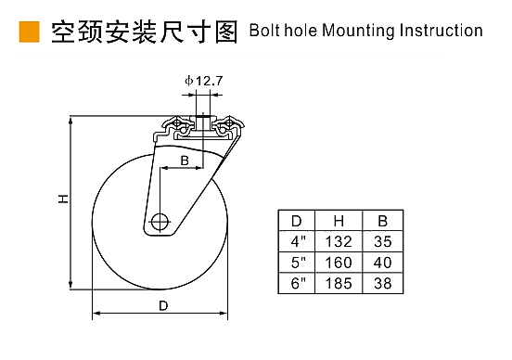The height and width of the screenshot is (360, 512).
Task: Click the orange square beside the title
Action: (x=29, y=32)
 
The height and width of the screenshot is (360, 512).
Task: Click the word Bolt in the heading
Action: (x=265, y=31)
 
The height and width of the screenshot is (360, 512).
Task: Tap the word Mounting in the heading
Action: (x=358, y=32)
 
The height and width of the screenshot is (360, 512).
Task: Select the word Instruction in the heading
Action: (x=441, y=31)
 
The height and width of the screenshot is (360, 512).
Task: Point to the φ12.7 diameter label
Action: (x=203, y=81)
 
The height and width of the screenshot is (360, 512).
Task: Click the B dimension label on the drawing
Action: (x=185, y=161)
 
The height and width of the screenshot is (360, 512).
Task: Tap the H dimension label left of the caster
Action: (x=63, y=199)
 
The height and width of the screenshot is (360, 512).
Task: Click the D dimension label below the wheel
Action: (x=163, y=305)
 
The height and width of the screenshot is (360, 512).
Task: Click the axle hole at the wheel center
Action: (x=160, y=222)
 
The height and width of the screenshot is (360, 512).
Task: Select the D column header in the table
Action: (x=297, y=221)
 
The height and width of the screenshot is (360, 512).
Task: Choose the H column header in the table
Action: (x=339, y=221)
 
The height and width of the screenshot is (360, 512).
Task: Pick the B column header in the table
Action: (x=383, y=221)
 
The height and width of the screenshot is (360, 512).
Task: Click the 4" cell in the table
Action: (x=297, y=241)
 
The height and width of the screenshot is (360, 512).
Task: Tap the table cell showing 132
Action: (x=339, y=242)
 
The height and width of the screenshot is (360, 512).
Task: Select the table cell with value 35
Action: (x=383, y=242)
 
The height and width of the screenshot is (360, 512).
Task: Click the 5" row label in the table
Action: (x=297, y=263)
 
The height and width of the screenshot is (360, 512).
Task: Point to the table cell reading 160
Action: (x=339, y=263)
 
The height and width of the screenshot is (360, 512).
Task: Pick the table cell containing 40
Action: (x=383, y=263)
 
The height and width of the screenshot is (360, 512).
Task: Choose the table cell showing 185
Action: (x=339, y=283)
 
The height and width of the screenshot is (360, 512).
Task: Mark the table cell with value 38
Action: (x=383, y=283)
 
